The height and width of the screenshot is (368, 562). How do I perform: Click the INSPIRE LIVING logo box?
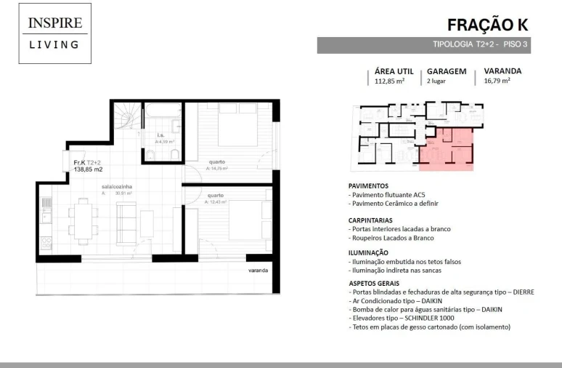click(55, 34)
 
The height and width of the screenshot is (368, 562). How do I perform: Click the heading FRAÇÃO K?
click(487, 25)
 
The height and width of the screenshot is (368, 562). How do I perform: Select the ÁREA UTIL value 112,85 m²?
click(389, 82)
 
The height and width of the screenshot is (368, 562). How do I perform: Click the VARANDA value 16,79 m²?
click(497, 82)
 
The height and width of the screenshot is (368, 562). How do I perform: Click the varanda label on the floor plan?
click(257, 271)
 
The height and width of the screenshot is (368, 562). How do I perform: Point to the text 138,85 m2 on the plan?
click(88, 169)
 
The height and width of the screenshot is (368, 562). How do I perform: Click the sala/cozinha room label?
click(116, 187)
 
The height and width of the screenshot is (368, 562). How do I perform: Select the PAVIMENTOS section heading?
click(368, 185)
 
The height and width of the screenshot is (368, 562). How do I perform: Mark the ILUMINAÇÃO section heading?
click(368, 252)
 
